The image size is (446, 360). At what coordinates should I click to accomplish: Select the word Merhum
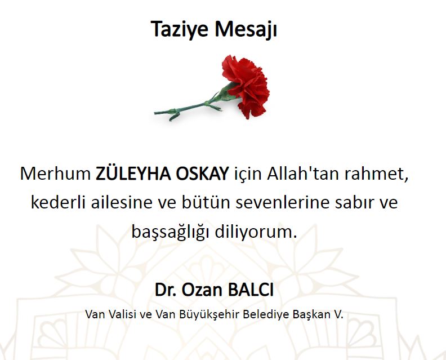tap(55, 174)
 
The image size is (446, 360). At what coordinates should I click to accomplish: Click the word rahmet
tap(377, 174)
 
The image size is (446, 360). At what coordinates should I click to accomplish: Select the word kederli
tap(59, 202)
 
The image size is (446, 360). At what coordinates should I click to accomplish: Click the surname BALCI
tap(251, 290)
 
